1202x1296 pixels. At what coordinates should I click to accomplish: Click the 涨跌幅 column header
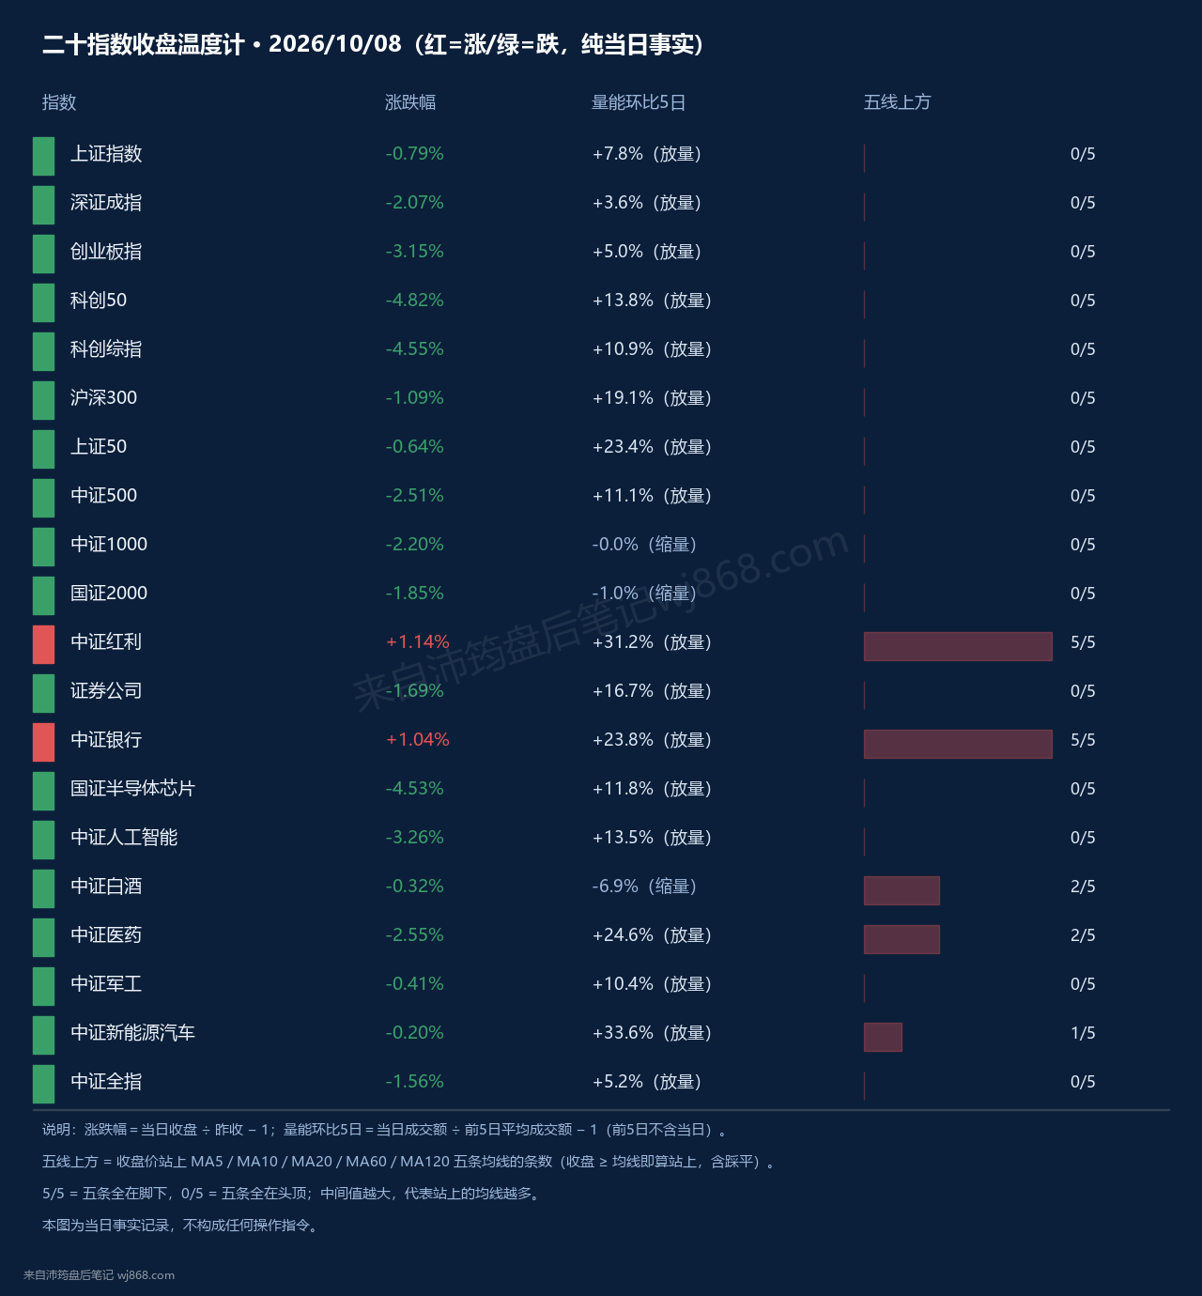[409, 102]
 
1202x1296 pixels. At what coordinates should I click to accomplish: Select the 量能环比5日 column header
[638, 102]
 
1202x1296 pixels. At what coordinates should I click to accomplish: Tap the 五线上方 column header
[897, 102]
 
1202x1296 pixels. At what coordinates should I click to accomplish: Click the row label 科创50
[99, 301]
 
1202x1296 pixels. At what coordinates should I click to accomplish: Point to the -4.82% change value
[414, 301]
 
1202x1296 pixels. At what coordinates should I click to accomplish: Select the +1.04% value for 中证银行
[418, 739]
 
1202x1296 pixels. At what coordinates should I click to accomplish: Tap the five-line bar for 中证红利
[958, 646]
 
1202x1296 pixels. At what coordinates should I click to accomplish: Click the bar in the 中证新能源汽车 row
[883, 1037]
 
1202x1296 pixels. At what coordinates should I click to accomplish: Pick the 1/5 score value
[1083, 1033]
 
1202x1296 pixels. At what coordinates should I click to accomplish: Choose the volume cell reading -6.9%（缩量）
[645, 887]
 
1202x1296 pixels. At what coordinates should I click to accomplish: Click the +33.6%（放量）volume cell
[652, 1033]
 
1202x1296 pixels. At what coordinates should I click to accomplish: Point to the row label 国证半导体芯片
[133, 788]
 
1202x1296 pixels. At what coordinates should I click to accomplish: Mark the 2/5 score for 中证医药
[1083, 935]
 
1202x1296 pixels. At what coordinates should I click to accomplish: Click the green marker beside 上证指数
[44, 156]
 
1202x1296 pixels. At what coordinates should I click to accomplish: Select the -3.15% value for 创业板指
[414, 252]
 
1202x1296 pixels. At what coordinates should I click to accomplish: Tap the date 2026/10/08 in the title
[334, 44]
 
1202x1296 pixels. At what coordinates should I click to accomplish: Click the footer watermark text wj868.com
[146, 1275]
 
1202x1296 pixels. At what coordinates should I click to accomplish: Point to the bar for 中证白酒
[901, 890]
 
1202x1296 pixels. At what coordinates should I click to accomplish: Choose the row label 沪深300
[103, 397]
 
